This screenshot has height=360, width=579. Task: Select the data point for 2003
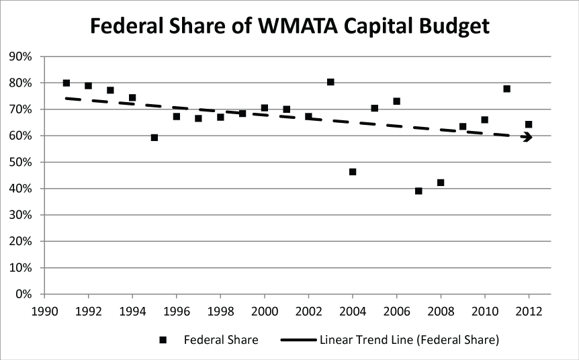pyautogui.click(x=330, y=82)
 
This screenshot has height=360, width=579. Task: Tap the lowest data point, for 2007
pyautogui.click(x=418, y=191)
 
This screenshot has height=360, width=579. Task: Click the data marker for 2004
pyautogui.click(x=353, y=172)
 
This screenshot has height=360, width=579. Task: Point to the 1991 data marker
pyautogui.click(x=66, y=83)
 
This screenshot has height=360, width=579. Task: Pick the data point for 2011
pyautogui.click(x=506, y=89)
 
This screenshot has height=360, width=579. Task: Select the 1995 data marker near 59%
pyautogui.click(x=154, y=138)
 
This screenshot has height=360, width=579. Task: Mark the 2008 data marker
pyautogui.click(x=441, y=183)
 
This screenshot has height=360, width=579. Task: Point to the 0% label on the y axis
pyautogui.click(x=24, y=294)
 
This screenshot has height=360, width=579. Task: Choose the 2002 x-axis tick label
pyautogui.click(x=308, y=310)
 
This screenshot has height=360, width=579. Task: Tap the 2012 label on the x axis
pyautogui.click(x=529, y=310)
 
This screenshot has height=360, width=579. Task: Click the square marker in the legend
pyautogui.click(x=162, y=341)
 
